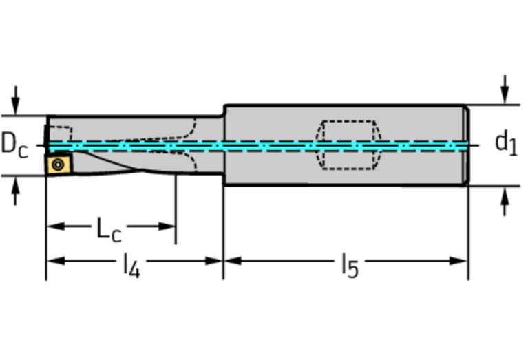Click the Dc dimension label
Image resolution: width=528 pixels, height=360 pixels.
click(14, 145)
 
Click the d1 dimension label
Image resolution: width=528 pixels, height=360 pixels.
click(505, 142)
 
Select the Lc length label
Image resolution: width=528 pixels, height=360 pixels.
click(108, 230)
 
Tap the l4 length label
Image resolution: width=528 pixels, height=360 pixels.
click(131, 265)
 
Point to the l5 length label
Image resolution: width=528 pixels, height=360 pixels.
click(350, 265)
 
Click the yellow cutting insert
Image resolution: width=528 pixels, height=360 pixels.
click(59, 165)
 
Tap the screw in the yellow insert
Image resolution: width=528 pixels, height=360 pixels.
click(59, 165)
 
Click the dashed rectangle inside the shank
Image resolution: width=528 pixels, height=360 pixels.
click(348, 145)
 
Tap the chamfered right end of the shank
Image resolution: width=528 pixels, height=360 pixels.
click(466, 145)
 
